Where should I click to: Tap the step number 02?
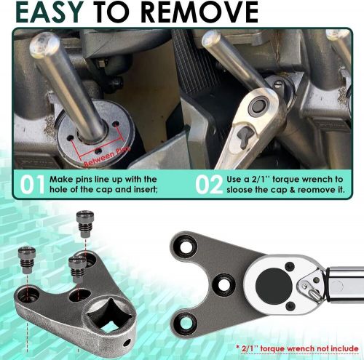click(209, 184)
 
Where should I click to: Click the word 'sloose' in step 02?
click(243, 190)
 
